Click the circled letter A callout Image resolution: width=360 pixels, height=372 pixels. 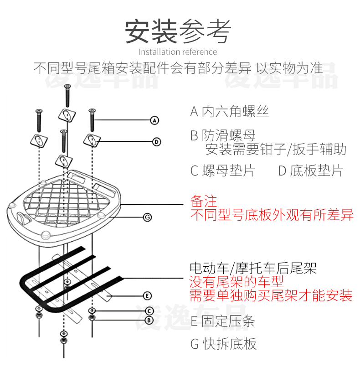pos(154,120)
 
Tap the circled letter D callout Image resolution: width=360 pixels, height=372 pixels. pos(156,142)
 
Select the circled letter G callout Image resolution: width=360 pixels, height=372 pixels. pos(147,217)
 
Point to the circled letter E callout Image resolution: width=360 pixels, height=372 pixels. pos(147,295)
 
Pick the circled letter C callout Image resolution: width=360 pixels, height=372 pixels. pos(149,311)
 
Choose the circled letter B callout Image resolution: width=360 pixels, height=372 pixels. pos(149,320)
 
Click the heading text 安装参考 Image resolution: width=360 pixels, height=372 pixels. pos(178,31)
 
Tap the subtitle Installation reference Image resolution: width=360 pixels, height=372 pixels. pos(178,52)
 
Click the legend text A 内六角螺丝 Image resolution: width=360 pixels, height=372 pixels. pos(229,111)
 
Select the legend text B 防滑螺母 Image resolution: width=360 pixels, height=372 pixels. pos(223,135)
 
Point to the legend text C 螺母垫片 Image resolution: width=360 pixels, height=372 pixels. pos(223,171)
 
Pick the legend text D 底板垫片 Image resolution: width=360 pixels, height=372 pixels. pos(310,171)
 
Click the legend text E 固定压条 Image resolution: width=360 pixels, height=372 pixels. pos(222,321)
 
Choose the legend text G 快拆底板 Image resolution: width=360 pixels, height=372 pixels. pos(223,343)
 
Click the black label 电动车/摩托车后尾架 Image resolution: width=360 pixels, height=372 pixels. pos(253,268)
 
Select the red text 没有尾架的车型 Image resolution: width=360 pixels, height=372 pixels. pos(237,281)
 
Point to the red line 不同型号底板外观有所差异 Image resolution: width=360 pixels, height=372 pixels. pos(272,215)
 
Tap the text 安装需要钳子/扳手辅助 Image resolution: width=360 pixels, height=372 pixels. pos(276,149)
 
